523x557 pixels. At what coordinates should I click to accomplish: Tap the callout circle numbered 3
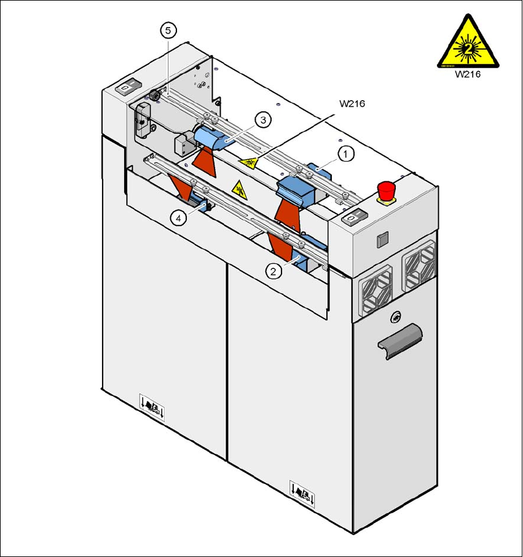tap(262, 120)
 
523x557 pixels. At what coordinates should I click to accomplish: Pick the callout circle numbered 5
tap(168, 30)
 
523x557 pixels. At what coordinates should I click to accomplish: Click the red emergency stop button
tap(386, 190)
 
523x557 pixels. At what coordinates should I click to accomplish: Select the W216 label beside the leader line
tap(352, 104)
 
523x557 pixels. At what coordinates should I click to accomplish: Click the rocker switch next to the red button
tap(353, 218)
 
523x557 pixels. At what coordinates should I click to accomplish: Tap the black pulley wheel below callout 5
tap(155, 96)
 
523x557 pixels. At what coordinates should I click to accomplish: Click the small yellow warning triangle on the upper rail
tap(248, 163)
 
